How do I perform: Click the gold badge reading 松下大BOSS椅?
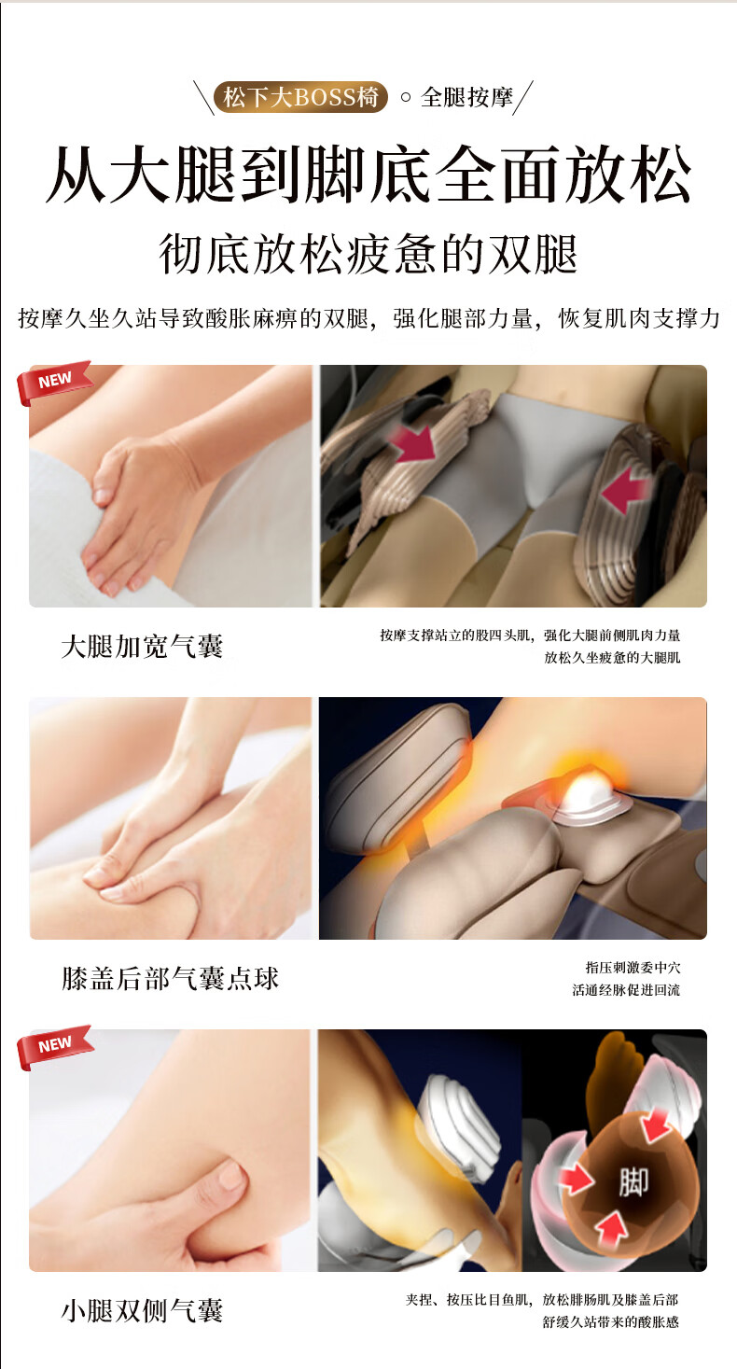[300, 97]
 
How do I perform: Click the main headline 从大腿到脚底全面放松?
[368, 175]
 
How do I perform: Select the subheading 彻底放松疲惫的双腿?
[368, 254]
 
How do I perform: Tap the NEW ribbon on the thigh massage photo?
[54, 382]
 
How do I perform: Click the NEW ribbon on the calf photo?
[54, 1046]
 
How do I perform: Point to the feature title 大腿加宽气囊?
[143, 647]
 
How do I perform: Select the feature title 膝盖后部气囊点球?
[170, 979]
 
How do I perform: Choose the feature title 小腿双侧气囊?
[143, 1310]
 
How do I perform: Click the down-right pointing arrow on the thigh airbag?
[413, 443]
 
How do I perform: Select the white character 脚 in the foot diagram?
[633, 1181]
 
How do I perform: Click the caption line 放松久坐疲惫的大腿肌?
[612, 658]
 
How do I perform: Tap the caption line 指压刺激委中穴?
[633, 968]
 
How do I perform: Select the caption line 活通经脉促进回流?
[626, 990]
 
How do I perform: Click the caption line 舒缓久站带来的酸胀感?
[611, 1322]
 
